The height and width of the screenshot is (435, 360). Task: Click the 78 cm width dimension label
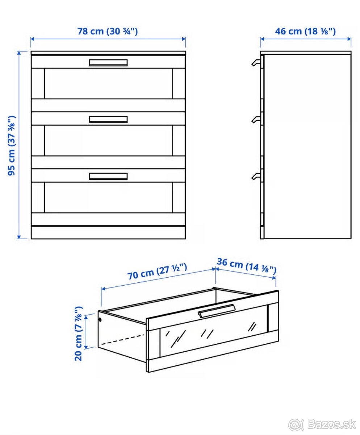click(x=108, y=32)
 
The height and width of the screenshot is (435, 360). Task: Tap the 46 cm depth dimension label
click(x=305, y=32)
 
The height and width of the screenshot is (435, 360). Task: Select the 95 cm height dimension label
click(x=12, y=145)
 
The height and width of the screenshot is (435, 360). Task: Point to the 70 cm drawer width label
click(x=157, y=271)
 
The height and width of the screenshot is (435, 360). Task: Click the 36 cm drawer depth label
click(x=247, y=266)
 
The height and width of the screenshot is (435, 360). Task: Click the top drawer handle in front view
click(x=108, y=63)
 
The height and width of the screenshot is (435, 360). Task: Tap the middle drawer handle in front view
click(x=108, y=120)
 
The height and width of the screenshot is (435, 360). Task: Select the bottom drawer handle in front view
click(x=108, y=176)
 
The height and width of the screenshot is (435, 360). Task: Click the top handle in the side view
click(x=256, y=62)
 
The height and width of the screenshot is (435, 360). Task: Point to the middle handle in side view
click(x=256, y=120)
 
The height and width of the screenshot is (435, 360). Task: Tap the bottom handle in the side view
click(x=256, y=176)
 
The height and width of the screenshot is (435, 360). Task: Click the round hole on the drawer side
click(x=100, y=320)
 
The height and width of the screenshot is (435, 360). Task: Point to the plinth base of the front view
click(x=108, y=232)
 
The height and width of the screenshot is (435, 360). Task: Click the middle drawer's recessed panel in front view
click(x=108, y=140)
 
